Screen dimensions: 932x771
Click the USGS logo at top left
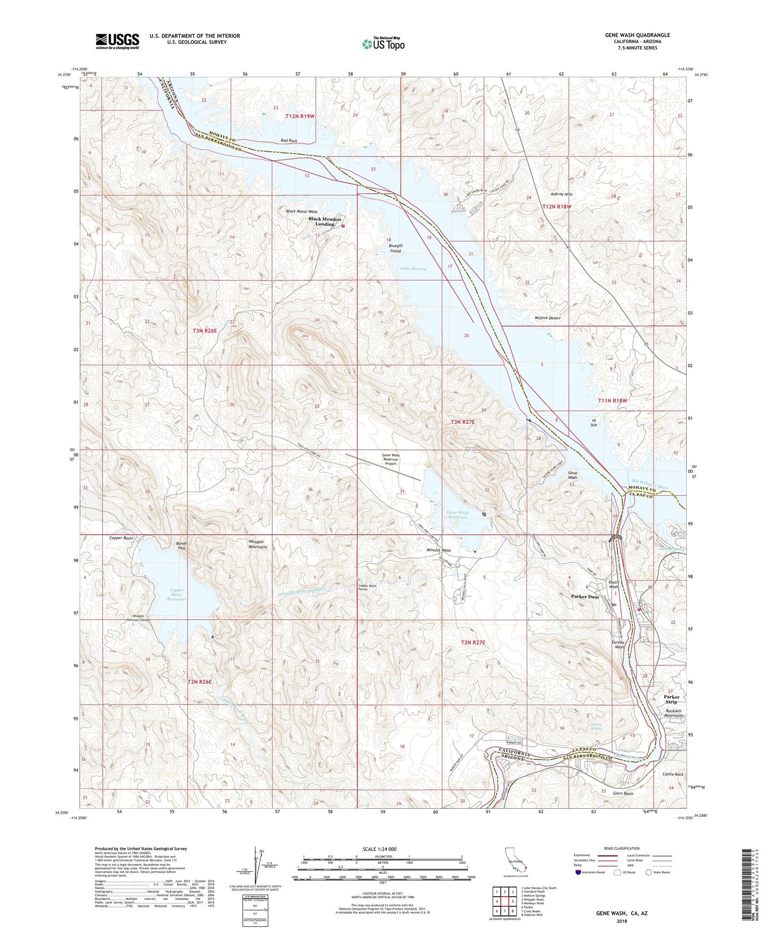click(x=117, y=41)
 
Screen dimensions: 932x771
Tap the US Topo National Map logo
click(x=383, y=44)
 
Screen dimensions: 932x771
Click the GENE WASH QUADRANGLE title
click(x=637, y=35)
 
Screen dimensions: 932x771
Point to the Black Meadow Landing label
click(x=324, y=222)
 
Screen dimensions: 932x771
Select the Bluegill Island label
click(x=395, y=248)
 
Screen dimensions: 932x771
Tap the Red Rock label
click(x=289, y=141)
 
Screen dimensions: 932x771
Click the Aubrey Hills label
click(x=561, y=194)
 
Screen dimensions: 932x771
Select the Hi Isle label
click(x=593, y=423)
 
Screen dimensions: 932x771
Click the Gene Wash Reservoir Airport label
click(x=391, y=460)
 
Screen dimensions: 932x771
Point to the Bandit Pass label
click(x=181, y=546)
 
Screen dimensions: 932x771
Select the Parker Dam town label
click(x=585, y=597)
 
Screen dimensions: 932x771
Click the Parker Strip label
click(x=671, y=699)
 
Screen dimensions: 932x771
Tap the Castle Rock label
click(x=672, y=774)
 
